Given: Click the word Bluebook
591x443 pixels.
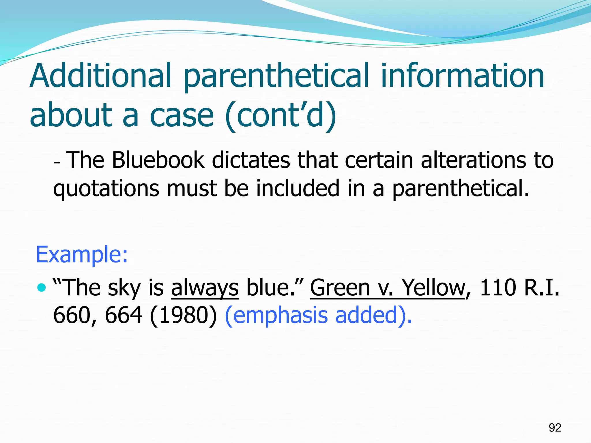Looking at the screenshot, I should coord(158,160).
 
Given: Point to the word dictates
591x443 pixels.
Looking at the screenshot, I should coord(251,160).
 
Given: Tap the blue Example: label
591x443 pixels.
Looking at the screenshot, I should coord(82,255).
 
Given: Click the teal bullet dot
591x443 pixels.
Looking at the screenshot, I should coord(42,287).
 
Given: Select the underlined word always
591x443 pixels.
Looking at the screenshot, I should coord(205,288).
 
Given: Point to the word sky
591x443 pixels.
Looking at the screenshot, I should coord(124,288).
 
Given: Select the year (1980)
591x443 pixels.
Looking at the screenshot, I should coord(184,315).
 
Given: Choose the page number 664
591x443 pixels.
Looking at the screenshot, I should coord(124,315).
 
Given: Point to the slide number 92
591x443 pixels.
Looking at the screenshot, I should coord(555,428).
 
